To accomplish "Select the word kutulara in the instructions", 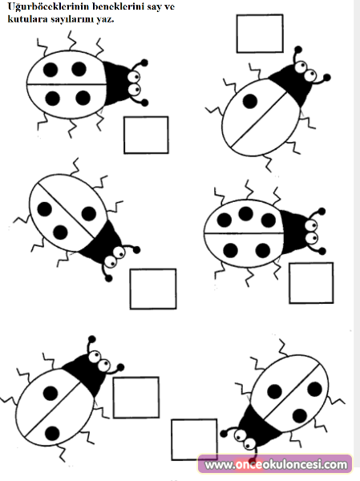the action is click(x=27, y=18).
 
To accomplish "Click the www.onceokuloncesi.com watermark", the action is click(x=276, y=464).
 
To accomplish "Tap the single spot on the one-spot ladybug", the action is click(x=250, y=101).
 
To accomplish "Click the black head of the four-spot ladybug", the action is click(x=116, y=83).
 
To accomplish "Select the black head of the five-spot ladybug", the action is click(x=293, y=232).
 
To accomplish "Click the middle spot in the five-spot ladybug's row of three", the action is click(x=246, y=213).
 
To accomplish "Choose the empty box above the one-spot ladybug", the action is click(x=260, y=34).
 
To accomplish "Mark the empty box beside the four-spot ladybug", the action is click(x=146, y=135).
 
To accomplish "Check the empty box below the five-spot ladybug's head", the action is click(x=311, y=283).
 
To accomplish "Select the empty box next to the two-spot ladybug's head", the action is click(x=136, y=398).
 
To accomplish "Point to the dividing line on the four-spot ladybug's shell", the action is click(x=67, y=84).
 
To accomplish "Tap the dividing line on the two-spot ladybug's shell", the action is click(x=53, y=407).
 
